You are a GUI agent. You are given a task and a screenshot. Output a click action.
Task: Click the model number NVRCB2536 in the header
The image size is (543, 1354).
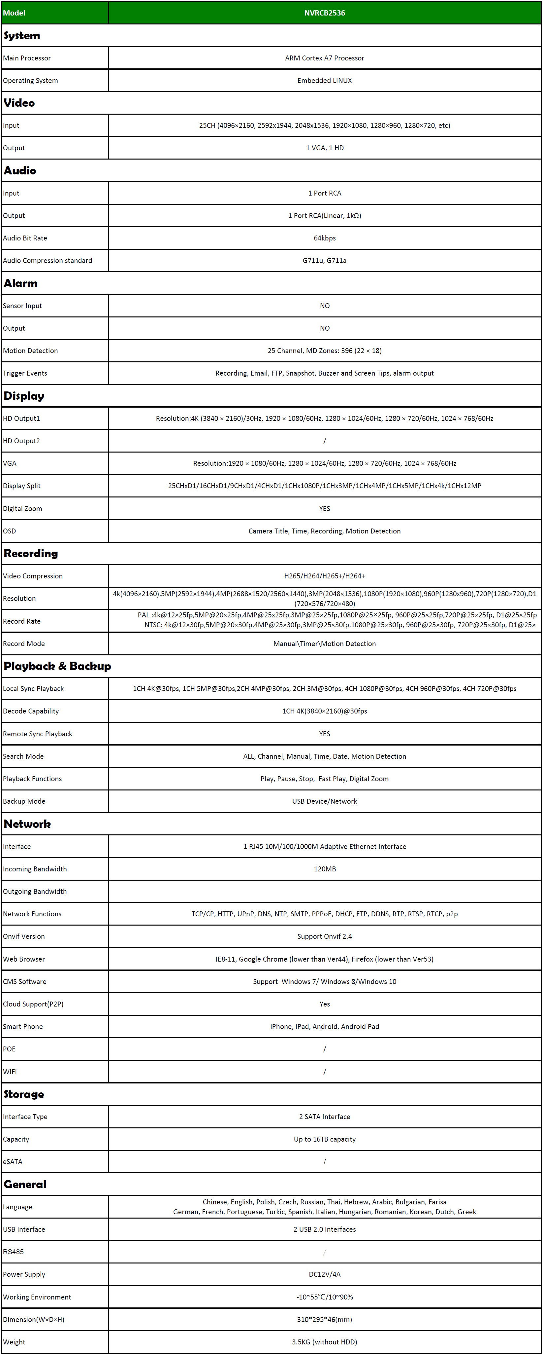point(325,13)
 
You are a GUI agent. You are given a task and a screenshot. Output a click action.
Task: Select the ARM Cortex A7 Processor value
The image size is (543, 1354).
point(325,58)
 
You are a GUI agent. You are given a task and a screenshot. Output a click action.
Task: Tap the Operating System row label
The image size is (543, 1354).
point(30,80)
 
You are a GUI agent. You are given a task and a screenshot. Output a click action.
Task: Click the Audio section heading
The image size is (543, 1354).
point(20,170)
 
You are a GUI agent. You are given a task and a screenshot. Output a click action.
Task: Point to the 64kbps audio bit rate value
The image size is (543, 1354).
point(325,238)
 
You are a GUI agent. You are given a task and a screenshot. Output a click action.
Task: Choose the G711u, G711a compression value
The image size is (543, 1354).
point(325,260)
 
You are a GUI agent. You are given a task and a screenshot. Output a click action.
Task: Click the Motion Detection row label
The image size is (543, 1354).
point(30,350)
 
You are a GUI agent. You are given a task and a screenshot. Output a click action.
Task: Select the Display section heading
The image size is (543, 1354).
point(24,396)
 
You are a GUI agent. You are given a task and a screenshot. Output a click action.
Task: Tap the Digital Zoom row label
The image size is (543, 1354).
point(22,508)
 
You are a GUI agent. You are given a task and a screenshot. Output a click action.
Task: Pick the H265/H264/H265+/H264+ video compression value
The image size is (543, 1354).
point(325,576)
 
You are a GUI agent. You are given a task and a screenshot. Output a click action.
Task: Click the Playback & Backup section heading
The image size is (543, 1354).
point(57,666)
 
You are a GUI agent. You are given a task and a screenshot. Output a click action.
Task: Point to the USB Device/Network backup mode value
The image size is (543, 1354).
point(325,801)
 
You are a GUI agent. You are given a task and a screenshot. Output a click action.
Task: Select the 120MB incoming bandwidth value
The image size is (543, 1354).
point(325,869)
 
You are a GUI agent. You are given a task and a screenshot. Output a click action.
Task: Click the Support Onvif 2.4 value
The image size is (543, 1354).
point(325,936)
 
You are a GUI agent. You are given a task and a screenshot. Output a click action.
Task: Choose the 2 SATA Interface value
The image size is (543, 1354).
point(325,1116)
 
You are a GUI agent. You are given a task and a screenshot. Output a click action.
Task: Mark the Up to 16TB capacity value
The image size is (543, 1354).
point(325,1139)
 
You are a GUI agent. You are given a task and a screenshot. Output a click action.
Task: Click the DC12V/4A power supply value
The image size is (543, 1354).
point(325,1274)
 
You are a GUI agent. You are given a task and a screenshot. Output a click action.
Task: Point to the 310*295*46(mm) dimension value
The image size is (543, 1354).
point(325,1319)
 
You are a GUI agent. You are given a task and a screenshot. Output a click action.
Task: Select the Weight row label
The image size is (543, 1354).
point(14,1342)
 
